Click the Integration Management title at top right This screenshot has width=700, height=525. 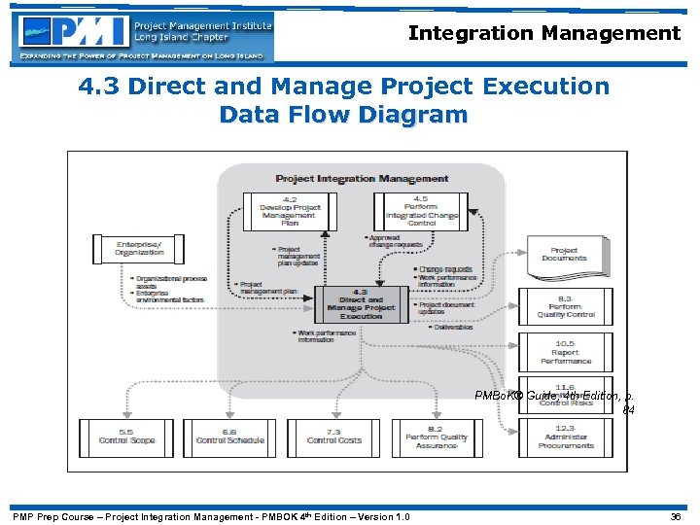(543, 33)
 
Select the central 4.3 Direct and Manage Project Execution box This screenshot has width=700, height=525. (361, 303)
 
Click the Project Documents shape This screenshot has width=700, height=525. (564, 256)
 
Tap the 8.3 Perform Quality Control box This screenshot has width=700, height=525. (564, 307)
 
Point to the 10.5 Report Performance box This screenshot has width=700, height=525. (564, 351)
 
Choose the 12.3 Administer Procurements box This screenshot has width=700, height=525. (564, 438)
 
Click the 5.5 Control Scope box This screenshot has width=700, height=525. (126, 437)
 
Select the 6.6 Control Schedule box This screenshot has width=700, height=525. (229, 437)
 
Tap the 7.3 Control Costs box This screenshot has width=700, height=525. (333, 437)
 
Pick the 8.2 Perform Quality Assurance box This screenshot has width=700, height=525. (437, 437)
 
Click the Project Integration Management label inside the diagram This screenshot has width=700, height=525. (362, 179)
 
